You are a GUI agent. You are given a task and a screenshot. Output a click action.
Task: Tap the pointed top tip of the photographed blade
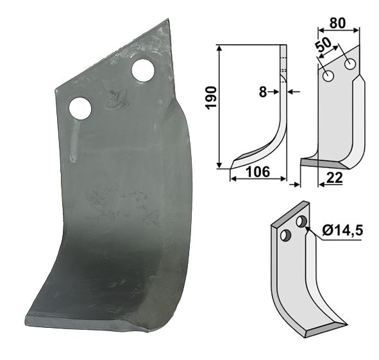[169, 20]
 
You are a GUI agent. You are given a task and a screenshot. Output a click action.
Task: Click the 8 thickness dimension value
[263, 92]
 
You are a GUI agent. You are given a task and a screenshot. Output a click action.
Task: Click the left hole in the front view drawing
[328, 77]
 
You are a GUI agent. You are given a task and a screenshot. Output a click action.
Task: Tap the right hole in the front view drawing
[350, 65]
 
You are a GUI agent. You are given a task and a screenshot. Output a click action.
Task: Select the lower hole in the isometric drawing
[287, 236]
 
